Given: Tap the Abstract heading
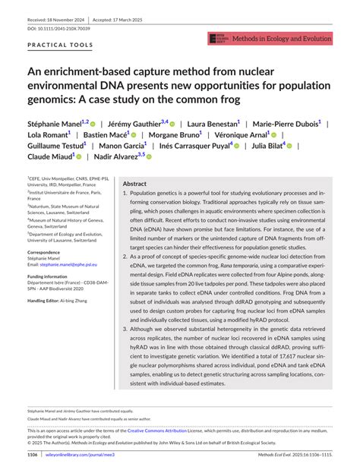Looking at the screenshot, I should click(134, 184).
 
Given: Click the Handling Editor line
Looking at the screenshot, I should click(62, 301).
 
